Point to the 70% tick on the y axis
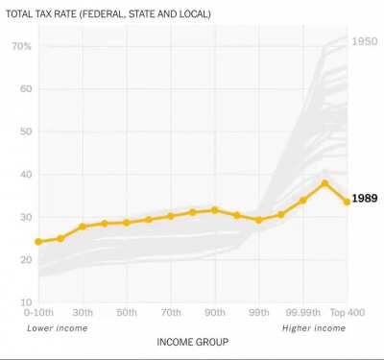[22, 46]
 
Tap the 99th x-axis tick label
[257, 313]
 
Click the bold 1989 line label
[366, 199]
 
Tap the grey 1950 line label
[365, 41]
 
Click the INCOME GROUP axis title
[191, 341]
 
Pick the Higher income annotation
[313, 328]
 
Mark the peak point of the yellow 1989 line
[325, 182]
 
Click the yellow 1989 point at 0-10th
[38, 242]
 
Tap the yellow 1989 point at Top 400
[347, 202]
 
